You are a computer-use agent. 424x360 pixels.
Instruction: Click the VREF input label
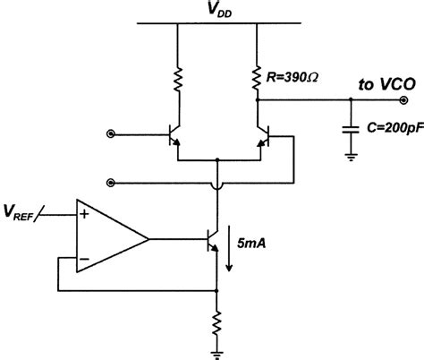(x=22, y=212)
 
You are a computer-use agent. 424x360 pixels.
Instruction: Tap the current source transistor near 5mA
(x=212, y=239)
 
